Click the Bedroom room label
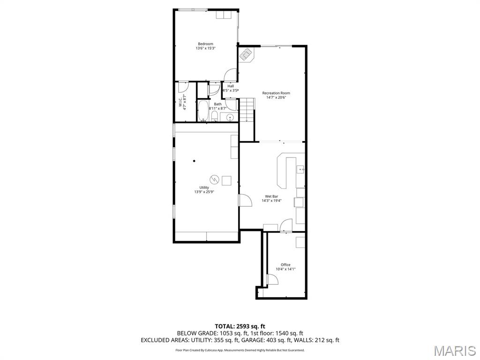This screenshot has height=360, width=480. point(205,44)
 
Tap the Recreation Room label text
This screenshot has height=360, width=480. point(276,93)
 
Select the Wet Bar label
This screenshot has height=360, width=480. point(271,196)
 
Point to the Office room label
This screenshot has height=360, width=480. point(285,265)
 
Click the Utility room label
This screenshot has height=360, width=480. point(204,187)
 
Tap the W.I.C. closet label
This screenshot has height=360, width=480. point(180,102)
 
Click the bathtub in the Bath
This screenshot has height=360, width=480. point(202,112)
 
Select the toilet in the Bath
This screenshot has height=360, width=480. point(214,116)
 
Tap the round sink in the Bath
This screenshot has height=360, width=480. point(230,117)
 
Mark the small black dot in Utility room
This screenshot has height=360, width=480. point(194,161)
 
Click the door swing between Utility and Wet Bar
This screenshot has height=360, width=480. point(245,200)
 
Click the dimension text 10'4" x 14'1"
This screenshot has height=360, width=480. point(285,269)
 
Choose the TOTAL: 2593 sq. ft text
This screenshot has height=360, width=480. point(240,326)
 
